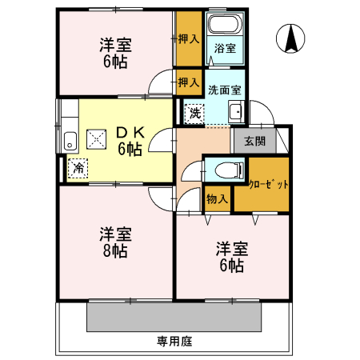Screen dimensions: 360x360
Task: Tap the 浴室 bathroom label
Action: pos(225,49)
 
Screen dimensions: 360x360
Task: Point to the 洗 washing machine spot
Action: pos(195,114)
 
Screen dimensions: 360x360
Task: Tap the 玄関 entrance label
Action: pos(254,141)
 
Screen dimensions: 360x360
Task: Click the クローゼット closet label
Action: pos(269,184)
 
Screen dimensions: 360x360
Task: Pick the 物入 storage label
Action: pos(217,198)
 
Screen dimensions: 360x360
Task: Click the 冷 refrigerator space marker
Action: pos(78,168)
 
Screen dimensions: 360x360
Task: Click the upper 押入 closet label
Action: pos(189,38)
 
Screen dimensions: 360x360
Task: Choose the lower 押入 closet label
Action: pos(189,82)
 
